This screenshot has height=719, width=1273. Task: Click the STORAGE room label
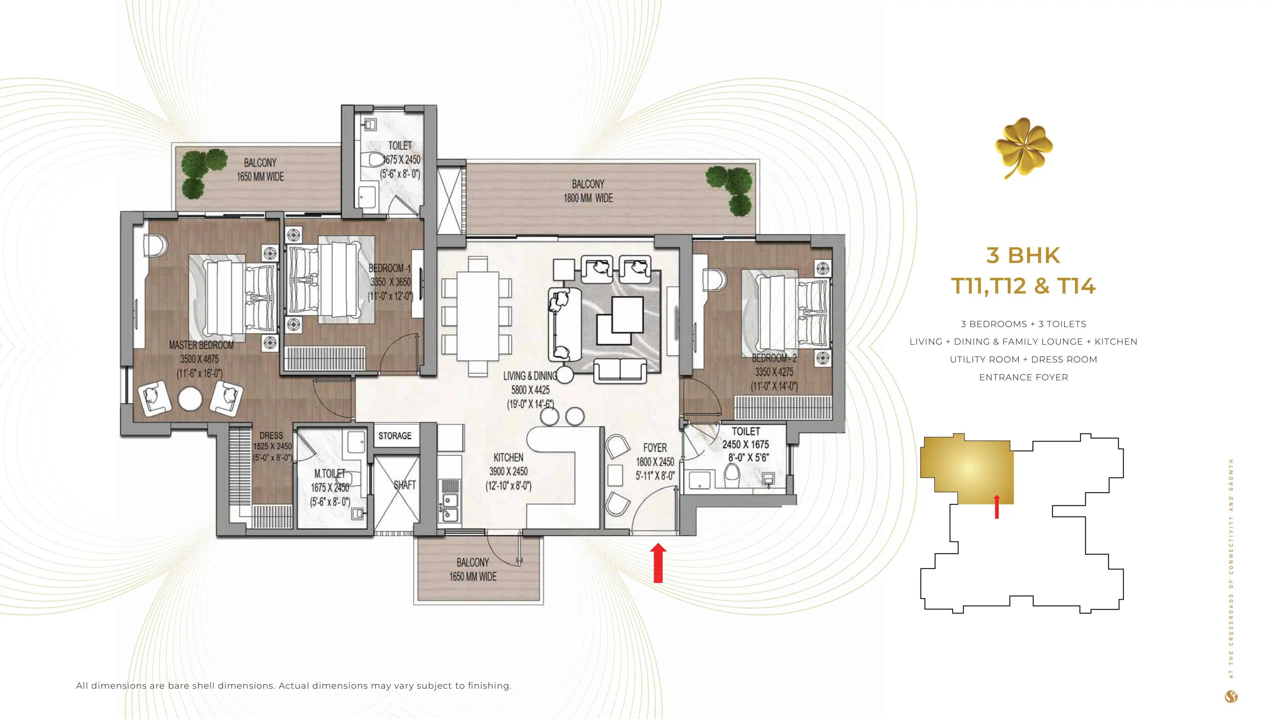coord(394,436)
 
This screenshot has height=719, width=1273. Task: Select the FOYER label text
coord(655,448)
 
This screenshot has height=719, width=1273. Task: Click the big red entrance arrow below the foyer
coord(658,563)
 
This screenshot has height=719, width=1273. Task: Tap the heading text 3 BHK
coord(1023,256)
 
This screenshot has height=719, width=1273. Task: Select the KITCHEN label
coord(508,457)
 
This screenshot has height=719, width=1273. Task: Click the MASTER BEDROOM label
coord(201,345)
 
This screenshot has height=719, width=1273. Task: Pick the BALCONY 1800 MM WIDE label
coord(588,191)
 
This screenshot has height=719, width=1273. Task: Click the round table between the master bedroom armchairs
coord(190,399)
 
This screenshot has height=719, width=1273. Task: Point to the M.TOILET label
coord(330,473)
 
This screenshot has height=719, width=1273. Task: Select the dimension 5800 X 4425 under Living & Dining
coord(530,390)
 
